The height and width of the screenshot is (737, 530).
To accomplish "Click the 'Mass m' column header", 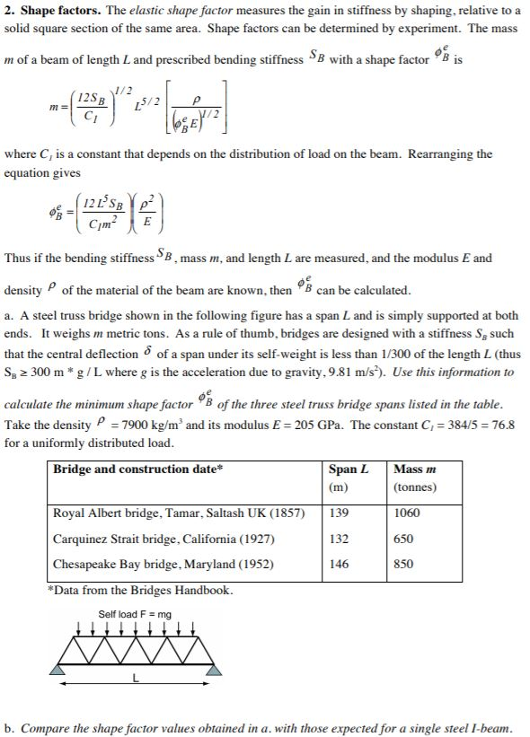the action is [414, 469].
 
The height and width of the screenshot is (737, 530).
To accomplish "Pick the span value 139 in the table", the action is [339, 513].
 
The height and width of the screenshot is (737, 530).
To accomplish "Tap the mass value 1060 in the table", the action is [407, 513].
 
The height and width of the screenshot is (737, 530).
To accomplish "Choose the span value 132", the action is [339, 540].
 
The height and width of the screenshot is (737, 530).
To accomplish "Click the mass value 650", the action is [404, 540].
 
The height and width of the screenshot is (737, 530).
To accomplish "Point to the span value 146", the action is [339, 565].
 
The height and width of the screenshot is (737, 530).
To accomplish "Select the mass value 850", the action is [404, 565].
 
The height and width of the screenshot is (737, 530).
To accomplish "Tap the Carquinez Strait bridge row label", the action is [164, 540].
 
